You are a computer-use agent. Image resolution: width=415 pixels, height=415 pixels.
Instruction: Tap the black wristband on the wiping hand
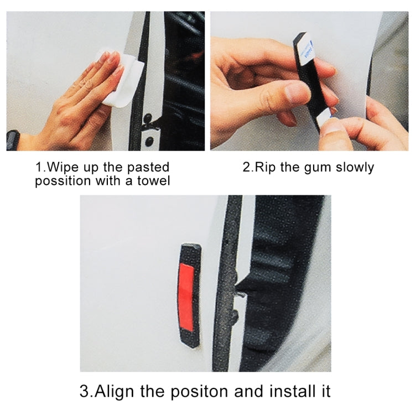coord(13,140)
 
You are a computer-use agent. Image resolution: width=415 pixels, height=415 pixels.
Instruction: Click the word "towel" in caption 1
coord(153,181)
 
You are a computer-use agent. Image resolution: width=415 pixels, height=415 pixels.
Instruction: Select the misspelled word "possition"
coord(63,181)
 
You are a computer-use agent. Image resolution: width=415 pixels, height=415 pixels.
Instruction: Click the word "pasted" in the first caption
coord(148,168)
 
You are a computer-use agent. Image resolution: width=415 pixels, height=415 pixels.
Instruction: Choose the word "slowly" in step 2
coord(355,168)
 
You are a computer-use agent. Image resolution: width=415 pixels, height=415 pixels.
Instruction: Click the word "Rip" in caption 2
coord(265,168)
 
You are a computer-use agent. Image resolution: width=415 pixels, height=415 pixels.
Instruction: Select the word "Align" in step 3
coord(114,392)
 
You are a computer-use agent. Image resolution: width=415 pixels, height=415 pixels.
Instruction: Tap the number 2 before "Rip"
coord(246,167)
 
